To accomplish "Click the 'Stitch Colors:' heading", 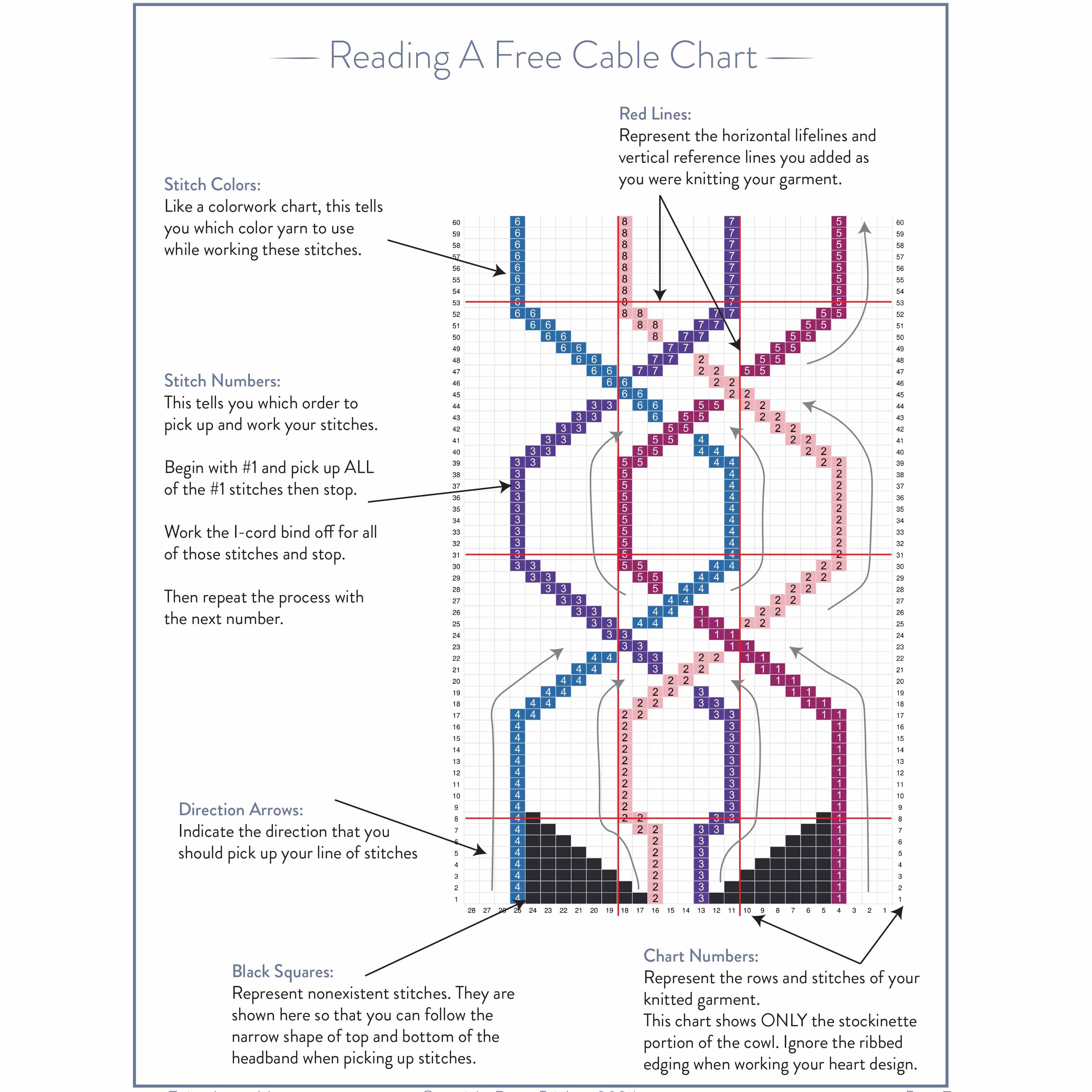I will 212,185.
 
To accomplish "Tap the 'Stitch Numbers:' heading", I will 222,381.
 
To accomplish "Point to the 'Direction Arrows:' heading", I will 241,810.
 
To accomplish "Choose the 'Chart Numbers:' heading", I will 701,956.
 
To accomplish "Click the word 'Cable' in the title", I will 615,57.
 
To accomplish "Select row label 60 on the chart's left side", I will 456,223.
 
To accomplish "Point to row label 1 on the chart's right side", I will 900,899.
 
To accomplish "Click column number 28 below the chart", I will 471,911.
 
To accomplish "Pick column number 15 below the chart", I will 670,911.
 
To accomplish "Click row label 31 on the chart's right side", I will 900,555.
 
